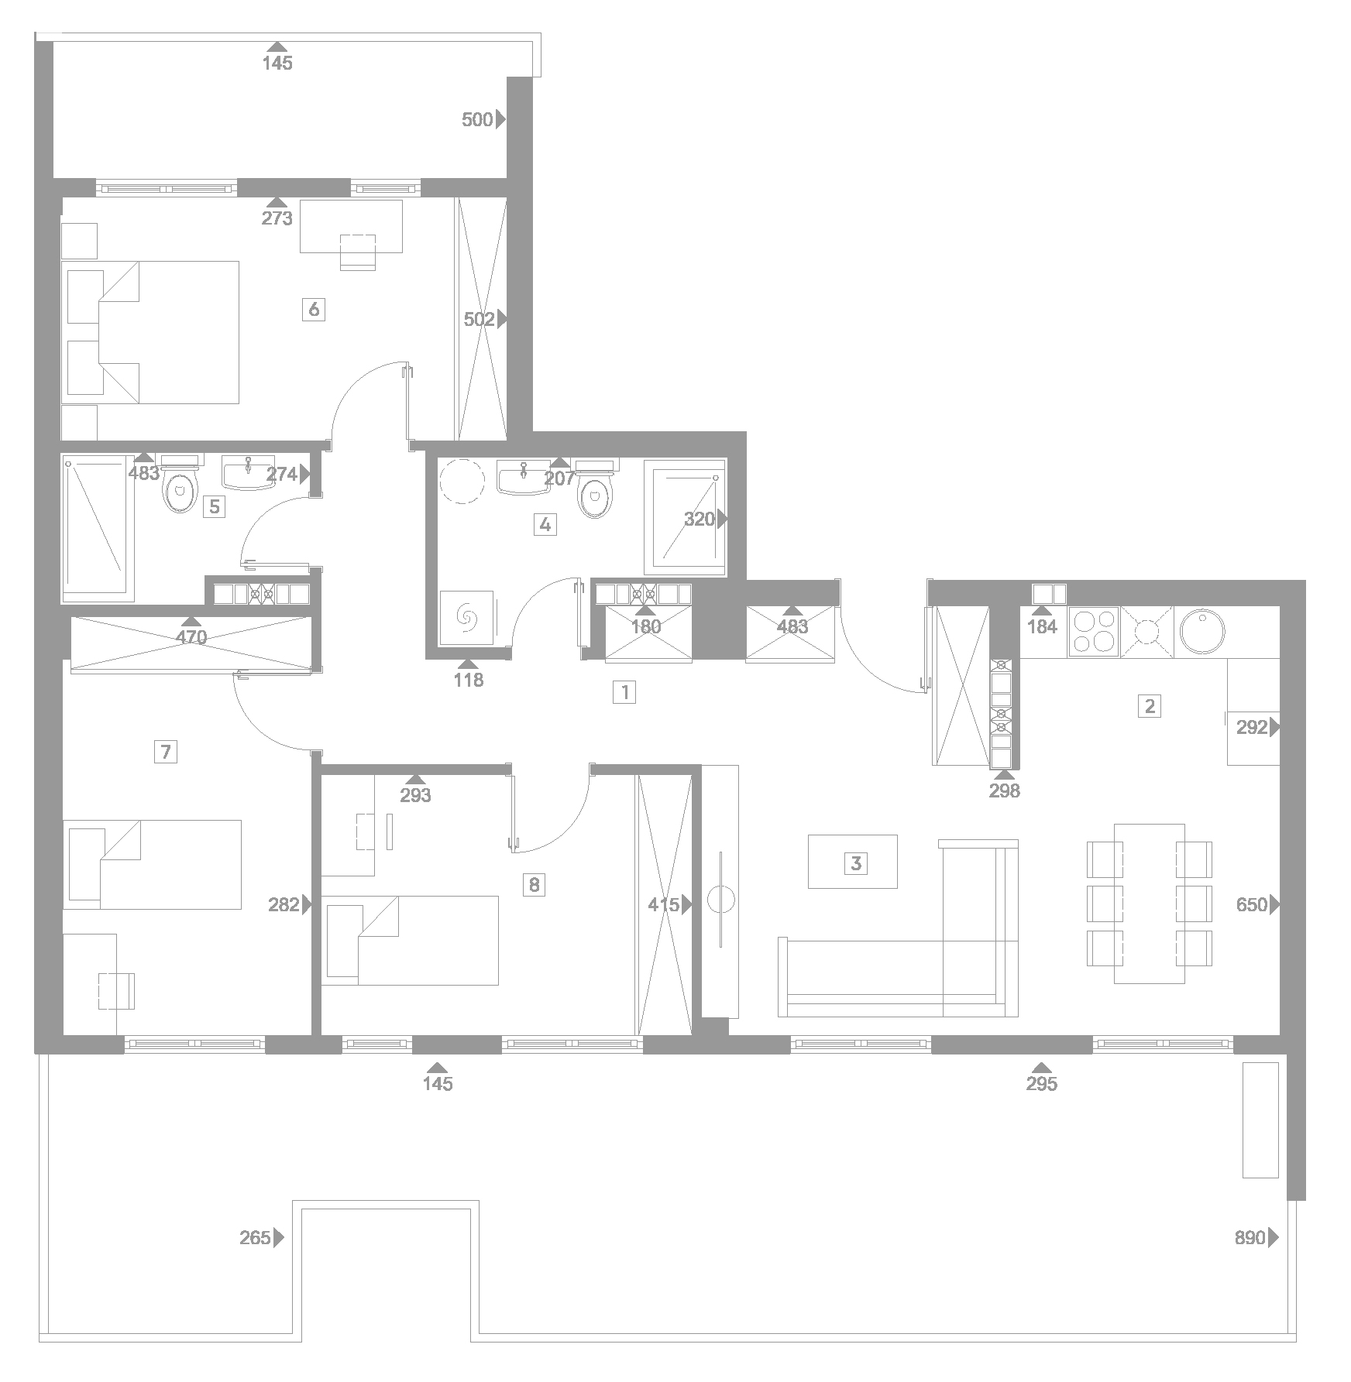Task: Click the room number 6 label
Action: pyautogui.click(x=314, y=310)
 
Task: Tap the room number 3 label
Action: pyautogui.click(x=856, y=862)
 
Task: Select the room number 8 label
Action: pyautogui.click(x=534, y=884)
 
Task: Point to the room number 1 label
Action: pyautogui.click(x=624, y=691)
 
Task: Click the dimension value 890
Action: pyautogui.click(x=1250, y=1260)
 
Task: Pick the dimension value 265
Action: pyautogui.click(x=255, y=1260)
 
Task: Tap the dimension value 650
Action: pyautogui.click(x=1251, y=904)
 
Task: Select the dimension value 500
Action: pyautogui.click(x=477, y=119)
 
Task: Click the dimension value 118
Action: pyautogui.click(x=468, y=680)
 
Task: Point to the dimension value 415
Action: pyautogui.click(x=664, y=904)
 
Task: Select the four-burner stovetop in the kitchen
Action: pyautogui.click(x=1094, y=632)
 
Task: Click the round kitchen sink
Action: pyautogui.click(x=1201, y=632)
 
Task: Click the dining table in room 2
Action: pyautogui.click(x=1150, y=904)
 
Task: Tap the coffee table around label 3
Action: pyautogui.click(x=853, y=862)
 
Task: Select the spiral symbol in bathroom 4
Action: pyautogui.click(x=467, y=617)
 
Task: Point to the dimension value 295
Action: pyautogui.click(x=1041, y=1084)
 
